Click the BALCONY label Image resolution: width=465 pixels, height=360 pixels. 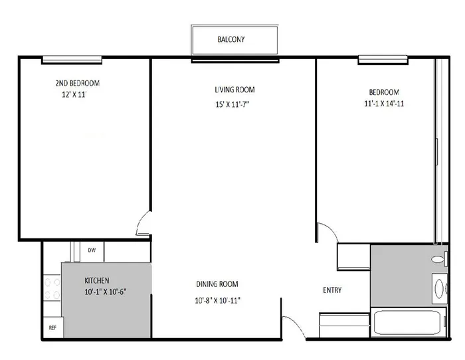[231, 39]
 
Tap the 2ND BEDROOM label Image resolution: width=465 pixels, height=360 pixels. [78, 83]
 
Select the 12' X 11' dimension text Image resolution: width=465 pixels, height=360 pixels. [74, 94]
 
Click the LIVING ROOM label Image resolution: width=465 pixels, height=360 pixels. [234, 90]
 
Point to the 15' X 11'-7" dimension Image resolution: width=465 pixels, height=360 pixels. [232, 104]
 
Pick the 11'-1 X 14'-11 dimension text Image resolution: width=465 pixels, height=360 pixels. [384, 104]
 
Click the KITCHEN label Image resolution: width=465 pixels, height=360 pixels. [97, 280]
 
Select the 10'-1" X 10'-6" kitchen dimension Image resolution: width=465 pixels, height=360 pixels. [106, 292]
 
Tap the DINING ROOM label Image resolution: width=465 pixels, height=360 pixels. [217, 284]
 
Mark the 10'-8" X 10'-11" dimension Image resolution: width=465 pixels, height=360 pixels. [217, 300]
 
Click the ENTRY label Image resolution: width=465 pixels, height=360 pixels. [332, 290]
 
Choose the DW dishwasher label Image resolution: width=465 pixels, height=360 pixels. [92, 250]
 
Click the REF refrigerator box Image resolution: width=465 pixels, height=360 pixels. [53, 327]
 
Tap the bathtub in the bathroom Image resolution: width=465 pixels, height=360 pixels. [409, 322]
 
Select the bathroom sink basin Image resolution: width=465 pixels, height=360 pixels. [440, 288]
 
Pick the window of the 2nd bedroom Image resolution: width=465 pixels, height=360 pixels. [72, 60]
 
